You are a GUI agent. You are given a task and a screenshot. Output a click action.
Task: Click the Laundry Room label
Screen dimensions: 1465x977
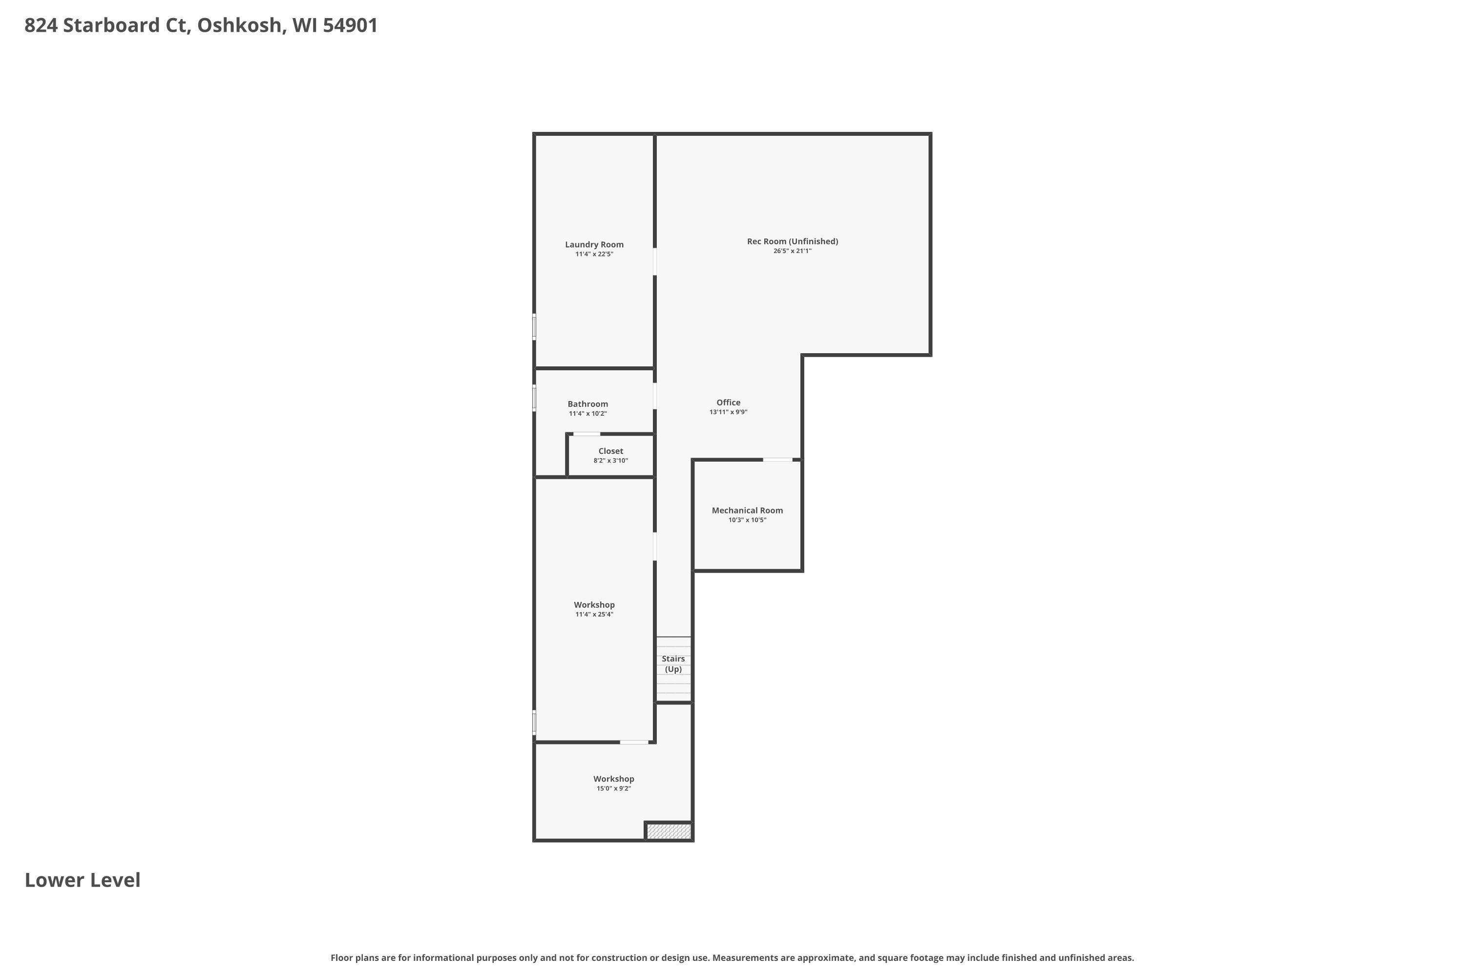pos(594,244)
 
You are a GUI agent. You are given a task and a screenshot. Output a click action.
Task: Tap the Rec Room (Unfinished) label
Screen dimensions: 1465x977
pos(792,241)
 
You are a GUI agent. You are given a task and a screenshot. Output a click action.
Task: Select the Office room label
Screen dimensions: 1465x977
pos(728,403)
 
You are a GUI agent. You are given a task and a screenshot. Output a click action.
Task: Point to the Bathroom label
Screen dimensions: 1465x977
pos(587,404)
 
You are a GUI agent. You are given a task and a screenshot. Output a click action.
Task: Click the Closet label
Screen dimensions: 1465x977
pos(610,451)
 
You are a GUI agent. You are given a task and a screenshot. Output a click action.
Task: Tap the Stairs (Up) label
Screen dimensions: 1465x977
pos(673,663)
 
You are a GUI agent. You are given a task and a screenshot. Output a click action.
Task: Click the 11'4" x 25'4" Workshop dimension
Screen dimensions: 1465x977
pos(594,615)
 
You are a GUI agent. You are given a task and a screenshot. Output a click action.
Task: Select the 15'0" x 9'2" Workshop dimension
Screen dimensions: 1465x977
pos(613,788)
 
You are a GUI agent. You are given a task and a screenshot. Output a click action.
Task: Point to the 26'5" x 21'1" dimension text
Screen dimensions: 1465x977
pos(792,251)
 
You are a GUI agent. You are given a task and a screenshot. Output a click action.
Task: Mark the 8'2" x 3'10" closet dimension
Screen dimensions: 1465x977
pos(610,461)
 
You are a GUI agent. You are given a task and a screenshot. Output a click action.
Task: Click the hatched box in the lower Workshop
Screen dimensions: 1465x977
pos(669,831)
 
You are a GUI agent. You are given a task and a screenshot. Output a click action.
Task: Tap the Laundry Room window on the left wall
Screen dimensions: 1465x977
pos(534,326)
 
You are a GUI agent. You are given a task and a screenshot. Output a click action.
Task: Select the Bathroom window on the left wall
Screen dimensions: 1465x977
pos(534,398)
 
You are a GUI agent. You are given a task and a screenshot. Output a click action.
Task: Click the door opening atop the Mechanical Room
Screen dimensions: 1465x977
pos(778,460)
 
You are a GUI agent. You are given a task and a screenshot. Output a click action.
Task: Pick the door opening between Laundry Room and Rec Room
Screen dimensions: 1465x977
pos(655,262)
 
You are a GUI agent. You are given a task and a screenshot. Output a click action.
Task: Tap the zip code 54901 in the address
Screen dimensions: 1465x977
pos(350,25)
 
